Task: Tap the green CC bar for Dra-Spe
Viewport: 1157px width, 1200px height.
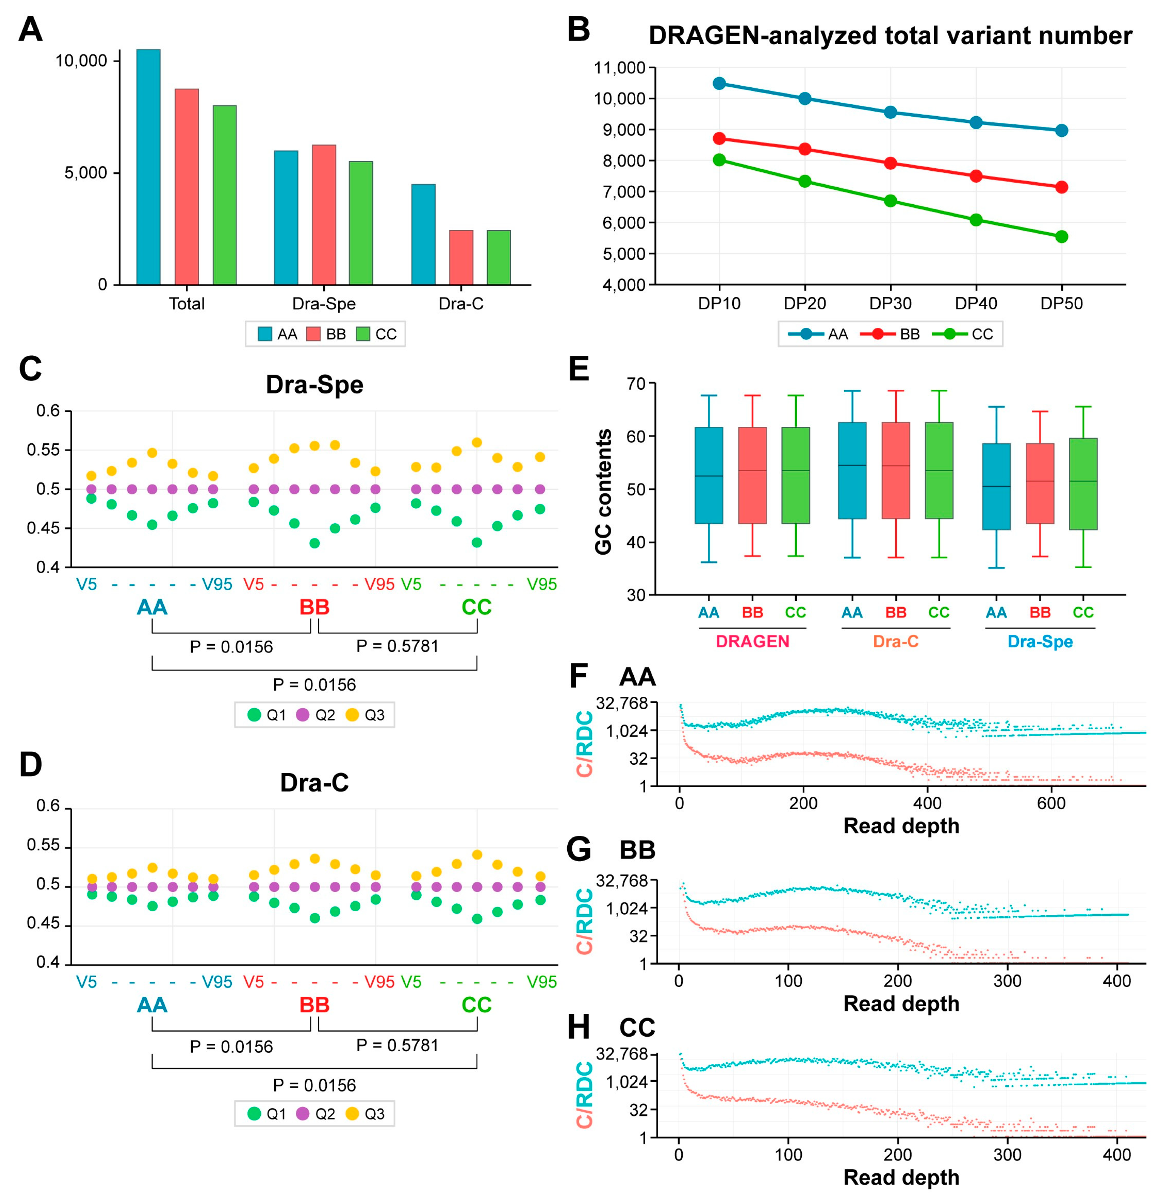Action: (x=361, y=223)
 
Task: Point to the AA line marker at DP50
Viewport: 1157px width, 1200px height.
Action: (x=1062, y=131)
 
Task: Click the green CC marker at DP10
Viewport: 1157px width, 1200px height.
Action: (x=719, y=160)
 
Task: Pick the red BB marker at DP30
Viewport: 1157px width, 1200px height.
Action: (x=891, y=163)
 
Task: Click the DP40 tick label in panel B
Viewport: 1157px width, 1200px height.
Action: (x=976, y=304)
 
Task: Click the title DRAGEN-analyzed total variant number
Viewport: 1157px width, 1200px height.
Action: (x=890, y=36)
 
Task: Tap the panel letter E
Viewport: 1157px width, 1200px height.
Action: (x=578, y=369)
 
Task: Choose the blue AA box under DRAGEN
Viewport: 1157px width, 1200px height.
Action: (x=709, y=475)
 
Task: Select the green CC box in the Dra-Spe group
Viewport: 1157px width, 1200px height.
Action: (x=1083, y=484)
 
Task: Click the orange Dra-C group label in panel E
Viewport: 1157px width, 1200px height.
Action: (x=895, y=642)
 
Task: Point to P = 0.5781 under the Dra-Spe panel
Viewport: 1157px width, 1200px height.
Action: (x=397, y=646)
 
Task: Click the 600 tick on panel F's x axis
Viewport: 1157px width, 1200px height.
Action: (x=1051, y=803)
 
